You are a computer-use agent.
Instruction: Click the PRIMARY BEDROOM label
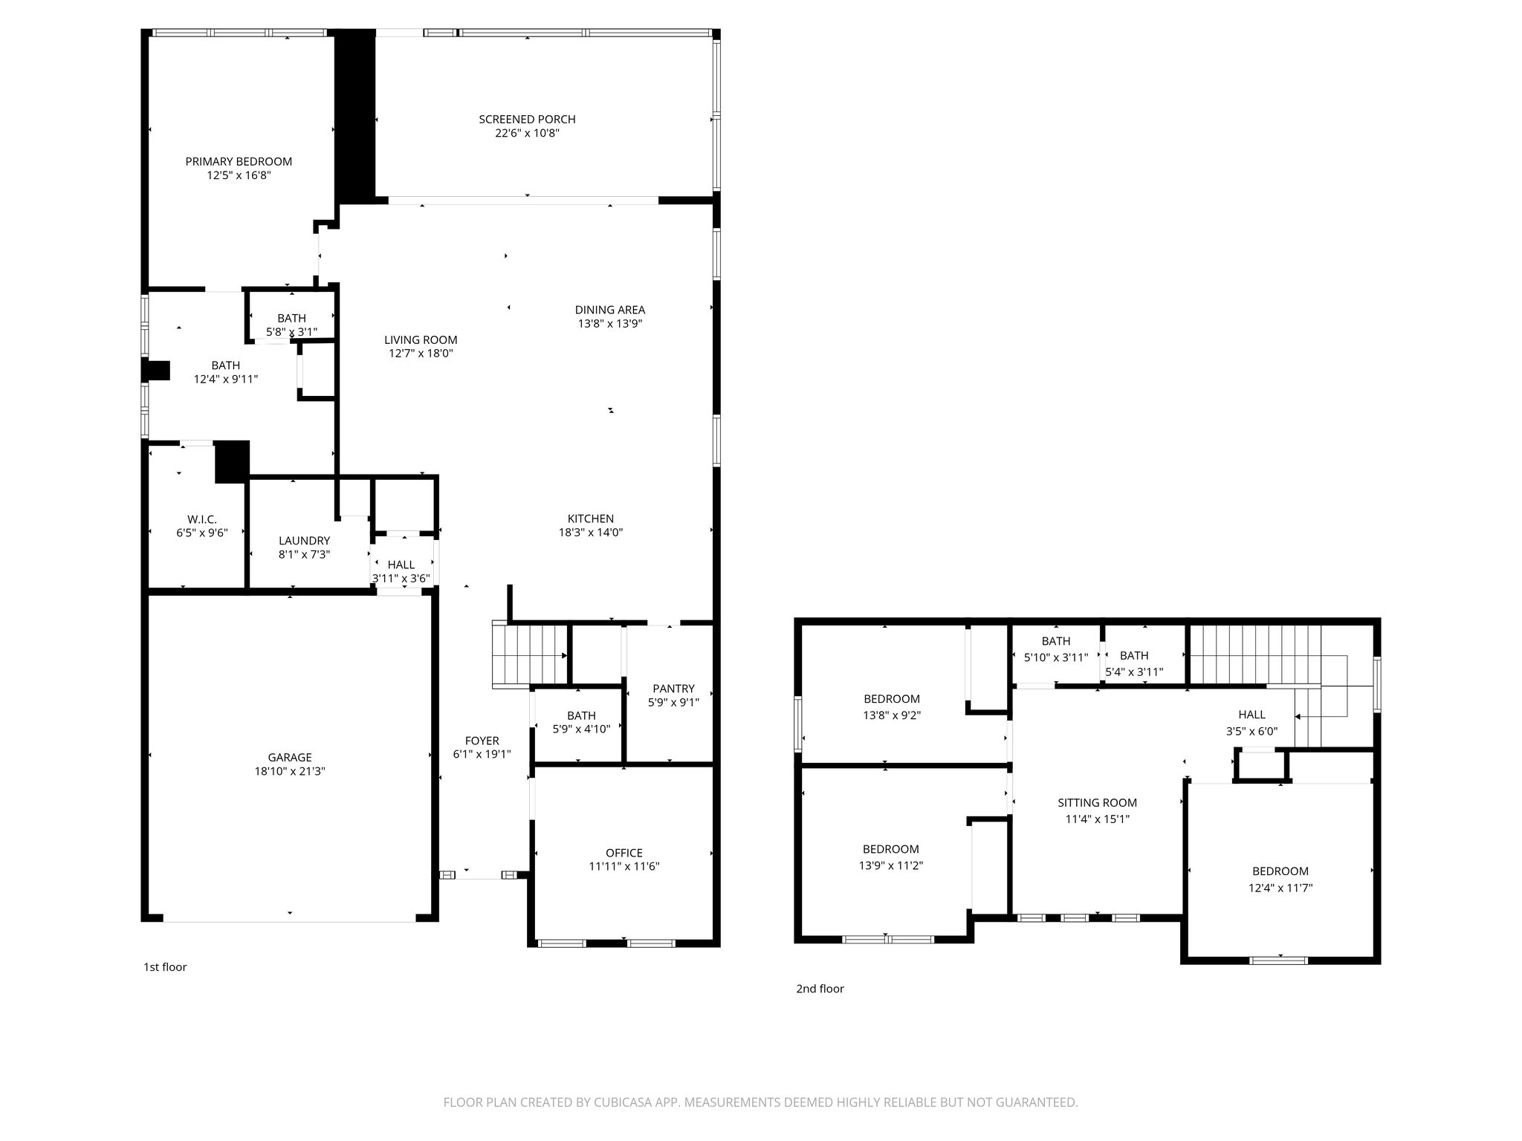pos(239,161)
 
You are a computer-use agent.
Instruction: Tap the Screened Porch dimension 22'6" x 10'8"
pos(527,134)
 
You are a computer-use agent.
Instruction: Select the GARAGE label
pos(290,757)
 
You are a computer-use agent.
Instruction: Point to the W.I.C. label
pos(201,519)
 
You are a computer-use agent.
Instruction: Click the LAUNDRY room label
pos(304,541)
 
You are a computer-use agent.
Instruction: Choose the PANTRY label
pos(673,689)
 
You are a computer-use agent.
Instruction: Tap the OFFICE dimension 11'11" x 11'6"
pos(624,866)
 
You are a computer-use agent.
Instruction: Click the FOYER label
pos(482,741)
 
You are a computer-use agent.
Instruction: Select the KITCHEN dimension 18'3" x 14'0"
pos(591,533)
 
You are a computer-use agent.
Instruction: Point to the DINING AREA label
pos(610,310)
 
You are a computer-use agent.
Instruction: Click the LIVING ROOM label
pos(421,340)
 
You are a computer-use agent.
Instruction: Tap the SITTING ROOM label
pos(1097,803)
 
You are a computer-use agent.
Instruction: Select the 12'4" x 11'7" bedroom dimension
pos(1280,888)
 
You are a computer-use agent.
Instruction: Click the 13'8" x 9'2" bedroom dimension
pos(892,715)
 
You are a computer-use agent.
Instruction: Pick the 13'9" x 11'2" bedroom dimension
pos(891,865)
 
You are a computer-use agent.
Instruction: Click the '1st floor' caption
pos(165,967)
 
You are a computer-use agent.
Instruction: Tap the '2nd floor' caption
pos(820,989)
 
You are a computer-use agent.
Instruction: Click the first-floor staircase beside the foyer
pos(529,655)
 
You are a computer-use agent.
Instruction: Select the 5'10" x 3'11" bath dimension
pos(1055,657)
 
